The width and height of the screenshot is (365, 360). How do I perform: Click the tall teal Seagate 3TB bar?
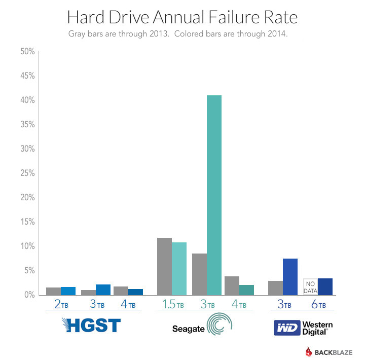214,195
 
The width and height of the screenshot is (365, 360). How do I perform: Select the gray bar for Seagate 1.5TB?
164,266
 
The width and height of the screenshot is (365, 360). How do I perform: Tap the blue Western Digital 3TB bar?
289,276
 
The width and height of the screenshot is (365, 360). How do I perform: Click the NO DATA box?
310,286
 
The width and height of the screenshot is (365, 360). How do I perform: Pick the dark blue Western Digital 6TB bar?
325,286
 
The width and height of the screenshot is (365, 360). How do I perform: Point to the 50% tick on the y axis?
26,52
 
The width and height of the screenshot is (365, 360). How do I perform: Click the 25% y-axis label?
26,173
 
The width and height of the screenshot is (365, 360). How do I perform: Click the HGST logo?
91,325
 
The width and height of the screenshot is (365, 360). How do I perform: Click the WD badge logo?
286,328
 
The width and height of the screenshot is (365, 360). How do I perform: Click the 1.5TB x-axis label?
173,305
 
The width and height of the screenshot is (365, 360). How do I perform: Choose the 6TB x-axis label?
318,305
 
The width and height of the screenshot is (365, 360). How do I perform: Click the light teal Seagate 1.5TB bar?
179,269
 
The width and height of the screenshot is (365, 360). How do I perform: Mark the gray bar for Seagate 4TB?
232,285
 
